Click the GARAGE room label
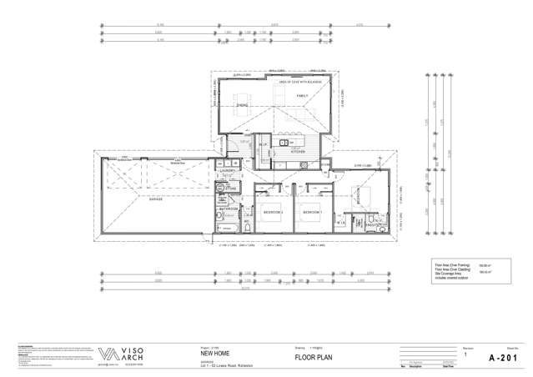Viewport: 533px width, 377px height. (154, 200)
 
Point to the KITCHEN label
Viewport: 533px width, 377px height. (298, 153)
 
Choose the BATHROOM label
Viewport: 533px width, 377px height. (229, 209)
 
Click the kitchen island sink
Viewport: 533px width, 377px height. (284, 142)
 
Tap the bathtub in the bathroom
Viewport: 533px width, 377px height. (229, 228)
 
